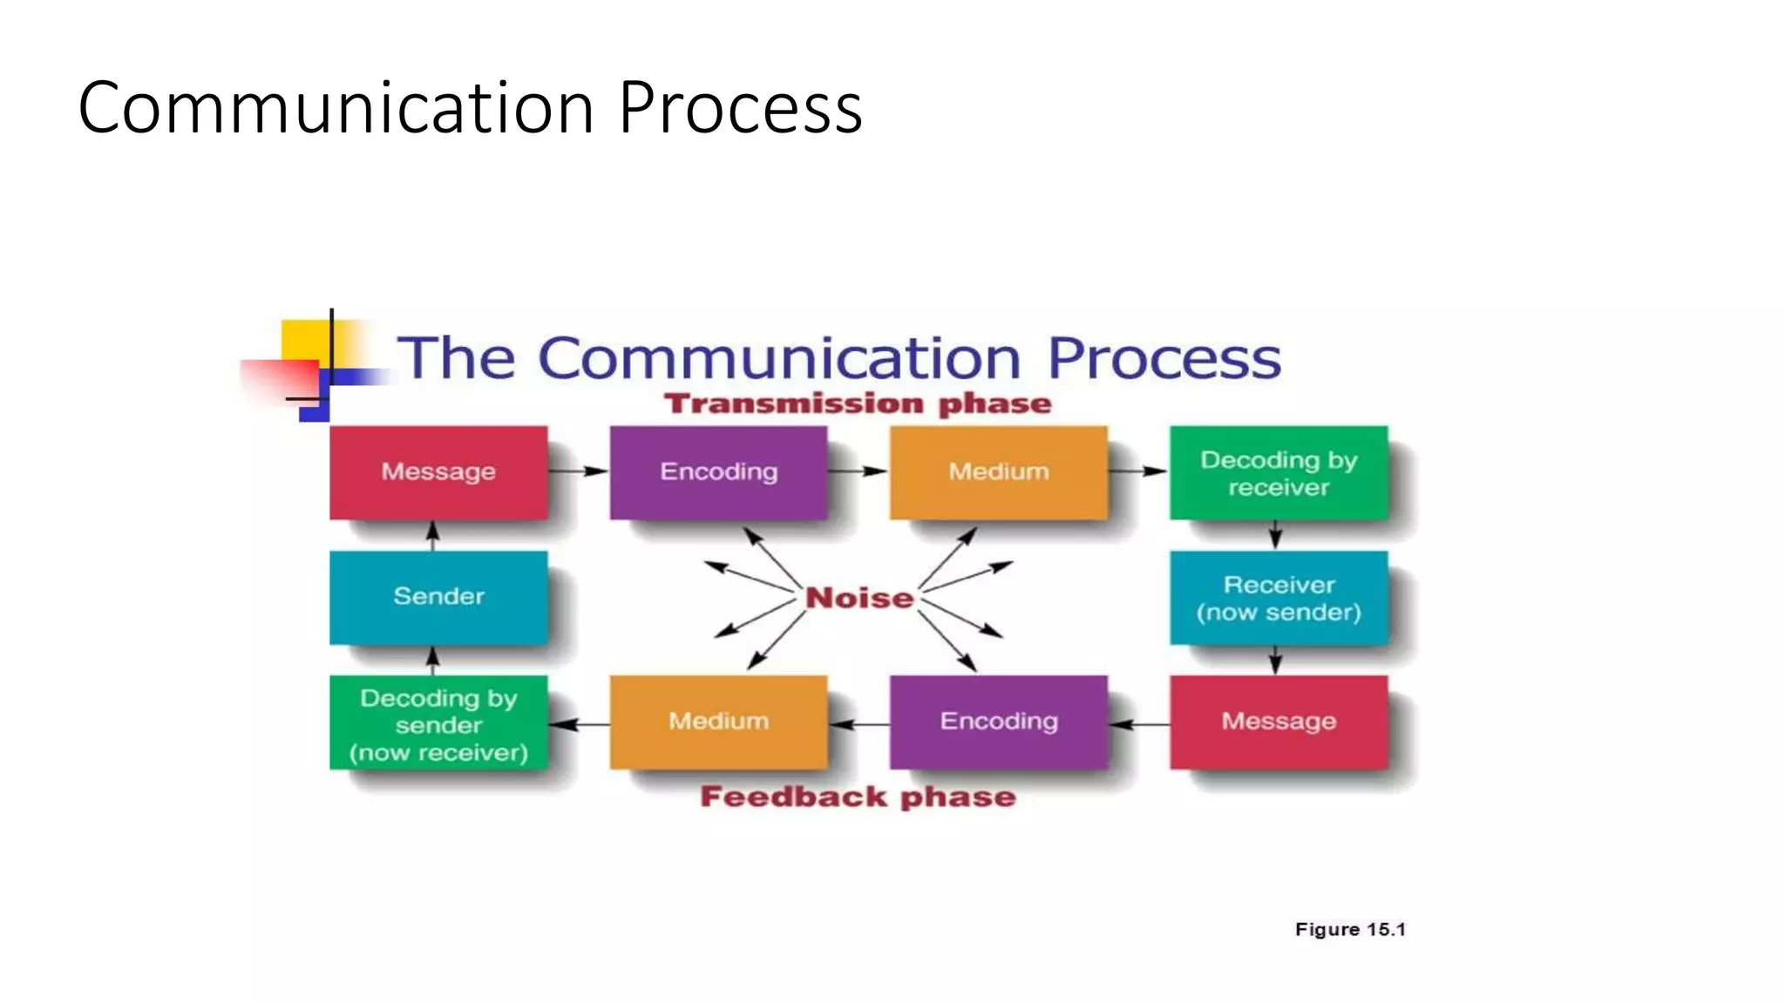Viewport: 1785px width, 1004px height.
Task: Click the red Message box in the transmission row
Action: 438,472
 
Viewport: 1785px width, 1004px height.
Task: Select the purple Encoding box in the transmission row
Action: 718,472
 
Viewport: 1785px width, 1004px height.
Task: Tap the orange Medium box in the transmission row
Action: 999,472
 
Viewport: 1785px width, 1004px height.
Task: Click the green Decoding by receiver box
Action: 1279,472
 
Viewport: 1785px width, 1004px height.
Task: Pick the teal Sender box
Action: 438,597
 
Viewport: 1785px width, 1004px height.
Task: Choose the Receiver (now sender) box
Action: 1279,598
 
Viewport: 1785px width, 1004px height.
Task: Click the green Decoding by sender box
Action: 438,723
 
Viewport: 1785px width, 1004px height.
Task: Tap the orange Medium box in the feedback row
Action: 718,722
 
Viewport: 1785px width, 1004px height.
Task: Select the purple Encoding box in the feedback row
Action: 999,722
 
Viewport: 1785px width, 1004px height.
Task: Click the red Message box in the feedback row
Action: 1279,722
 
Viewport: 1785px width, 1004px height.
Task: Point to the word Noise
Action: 859,598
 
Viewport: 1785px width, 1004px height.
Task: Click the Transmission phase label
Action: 858,404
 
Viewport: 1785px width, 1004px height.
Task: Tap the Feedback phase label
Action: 858,797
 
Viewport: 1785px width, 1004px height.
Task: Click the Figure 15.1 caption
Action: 1350,929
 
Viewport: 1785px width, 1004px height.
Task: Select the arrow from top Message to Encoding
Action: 579,471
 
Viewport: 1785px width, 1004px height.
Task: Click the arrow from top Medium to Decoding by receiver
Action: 1138,471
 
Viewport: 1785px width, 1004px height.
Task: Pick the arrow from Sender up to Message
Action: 433,535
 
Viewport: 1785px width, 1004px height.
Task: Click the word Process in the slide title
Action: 741,107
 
